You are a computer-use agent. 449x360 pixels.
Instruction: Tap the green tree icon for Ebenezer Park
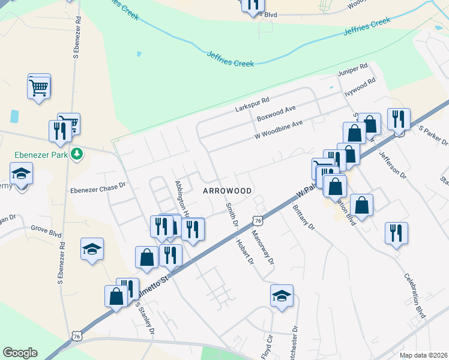(76, 154)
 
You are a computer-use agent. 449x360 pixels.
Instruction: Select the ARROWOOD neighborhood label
(227, 190)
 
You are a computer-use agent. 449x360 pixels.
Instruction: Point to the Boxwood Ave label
(277, 112)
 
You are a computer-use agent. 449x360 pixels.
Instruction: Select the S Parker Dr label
(433, 136)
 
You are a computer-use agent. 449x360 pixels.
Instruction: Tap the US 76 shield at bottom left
(76, 336)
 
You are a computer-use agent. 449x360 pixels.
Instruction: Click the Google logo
(20, 353)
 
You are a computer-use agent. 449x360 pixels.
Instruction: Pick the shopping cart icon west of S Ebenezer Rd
(39, 88)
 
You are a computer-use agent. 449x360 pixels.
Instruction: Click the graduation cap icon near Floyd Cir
(282, 296)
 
